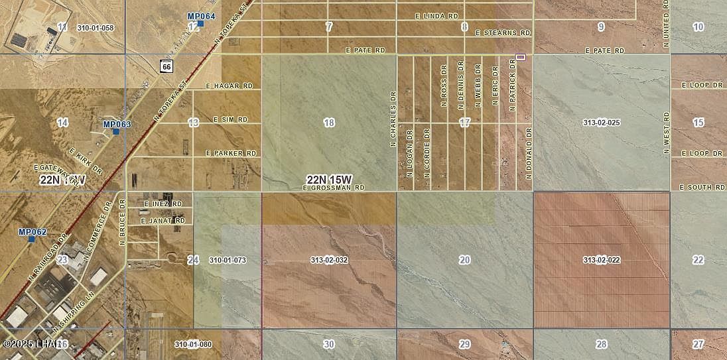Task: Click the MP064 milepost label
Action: pyautogui.click(x=202, y=16)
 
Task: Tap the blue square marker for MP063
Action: pyautogui.click(x=116, y=131)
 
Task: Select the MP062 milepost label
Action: pyautogui.click(x=33, y=232)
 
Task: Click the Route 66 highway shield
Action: pyautogui.click(x=166, y=66)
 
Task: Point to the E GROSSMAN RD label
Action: pyautogui.click(x=334, y=188)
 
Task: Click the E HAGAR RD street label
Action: pyautogui.click(x=230, y=86)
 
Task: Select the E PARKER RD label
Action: pyautogui.click(x=231, y=153)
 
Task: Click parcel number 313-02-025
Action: pyautogui.click(x=601, y=123)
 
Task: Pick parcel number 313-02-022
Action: pyautogui.click(x=601, y=260)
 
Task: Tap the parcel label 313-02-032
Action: pyautogui.click(x=329, y=260)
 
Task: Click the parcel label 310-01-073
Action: pyautogui.click(x=227, y=260)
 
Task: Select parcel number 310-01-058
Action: pyautogui.click(x=96, y=28)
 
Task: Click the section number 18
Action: pyautogui.click(x=329, y=123)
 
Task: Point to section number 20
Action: pyautogui.click(x=464, y=260)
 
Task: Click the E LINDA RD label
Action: pyautogui.click(x=436, y=15)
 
